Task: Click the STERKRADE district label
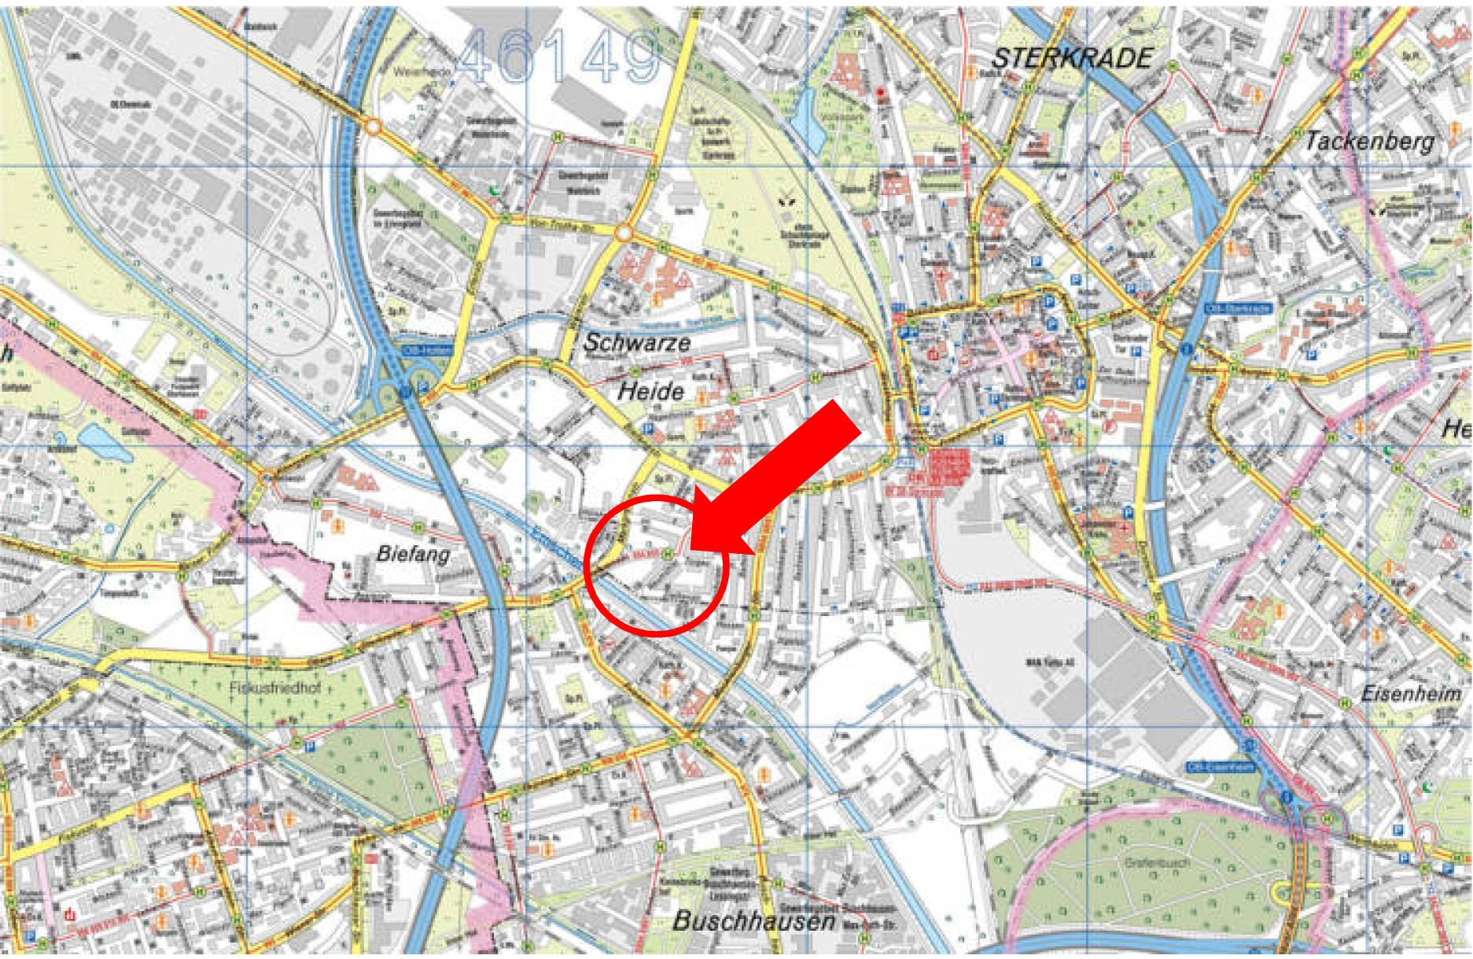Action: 1072,58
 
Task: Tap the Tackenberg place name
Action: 1369,141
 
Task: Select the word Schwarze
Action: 636,342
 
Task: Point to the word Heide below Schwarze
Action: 650,391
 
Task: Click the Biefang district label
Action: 413,554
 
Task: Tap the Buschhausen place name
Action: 753,921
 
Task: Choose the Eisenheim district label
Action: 1410,694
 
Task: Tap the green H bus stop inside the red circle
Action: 668,554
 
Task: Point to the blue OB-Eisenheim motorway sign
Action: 1220,767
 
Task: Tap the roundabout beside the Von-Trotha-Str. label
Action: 624,234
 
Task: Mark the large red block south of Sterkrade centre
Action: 948,467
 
